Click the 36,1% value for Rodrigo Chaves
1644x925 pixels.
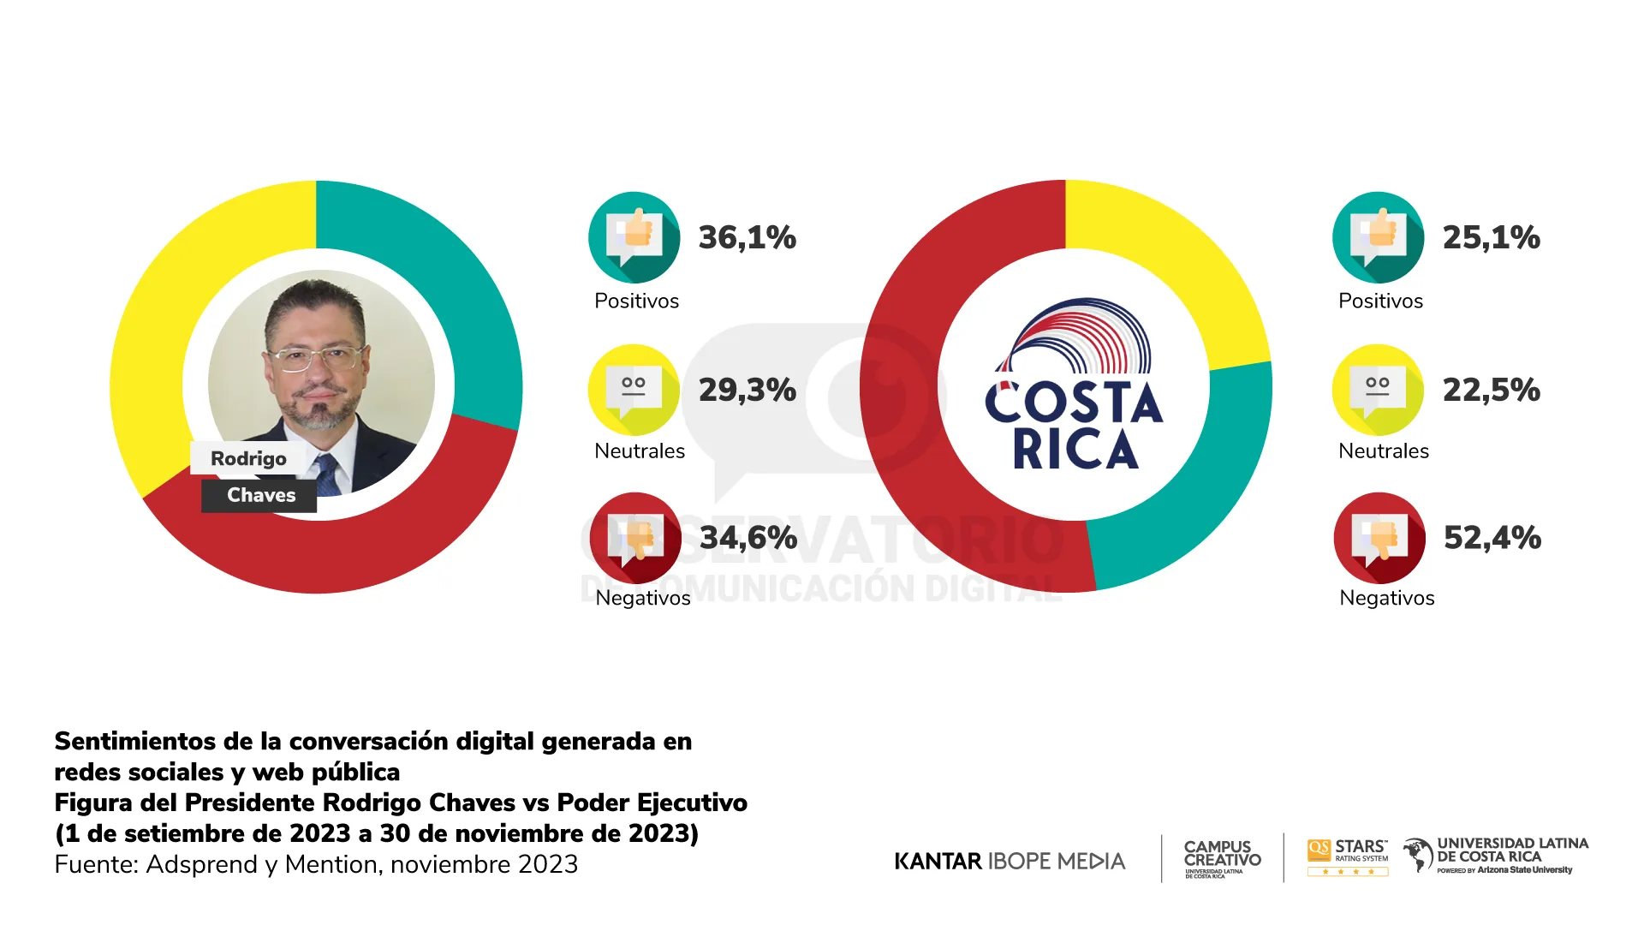pyautogui.click(x=747, y=237)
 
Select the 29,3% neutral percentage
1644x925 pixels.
pyautogui.click(x=747, y=390)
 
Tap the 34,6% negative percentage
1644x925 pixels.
pyautogui.click(x=748, y=538)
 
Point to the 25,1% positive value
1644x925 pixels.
pyautogui.click(x=1491, y=237)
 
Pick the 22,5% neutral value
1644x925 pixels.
pyautogui.click(x=1491, y=390)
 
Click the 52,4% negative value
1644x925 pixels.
pyautogui.click(x=1492, y=538)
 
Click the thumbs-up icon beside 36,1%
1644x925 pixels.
pyautogui.click(x=634, y=236)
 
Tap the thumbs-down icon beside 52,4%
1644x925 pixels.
pyautogui.click(x=1379, y=538)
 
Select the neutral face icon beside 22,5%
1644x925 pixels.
pyautogui.click(x=1378, y=390)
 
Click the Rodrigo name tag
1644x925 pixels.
pyautogui.click(x=248, y=458)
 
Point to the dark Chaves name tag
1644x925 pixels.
pyautogui.click(x=260, y=495)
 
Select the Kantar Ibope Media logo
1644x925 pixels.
pyautogui.click(x=1010, y=861)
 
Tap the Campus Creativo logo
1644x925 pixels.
pyautogui.click(x=1222, y=857)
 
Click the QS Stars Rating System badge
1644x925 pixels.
pyautogui.click(x=1348, y=856)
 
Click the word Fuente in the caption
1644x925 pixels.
pyautogui.click(x=95, y=864)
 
